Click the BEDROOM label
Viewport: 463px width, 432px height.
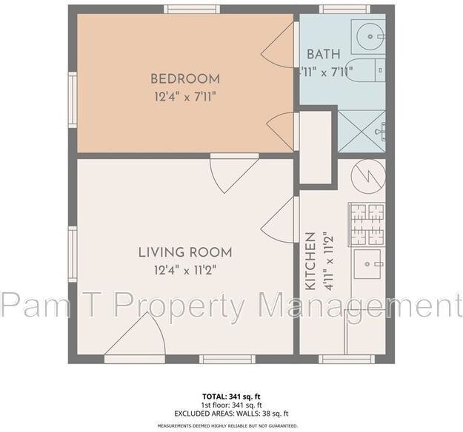point(185,78)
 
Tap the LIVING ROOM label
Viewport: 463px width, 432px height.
point(185,252)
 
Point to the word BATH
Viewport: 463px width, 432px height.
point(324,54)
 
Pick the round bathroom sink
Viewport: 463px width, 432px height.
point(367,34)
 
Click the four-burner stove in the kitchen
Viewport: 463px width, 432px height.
point(367,224)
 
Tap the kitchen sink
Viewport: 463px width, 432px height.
point(367,263)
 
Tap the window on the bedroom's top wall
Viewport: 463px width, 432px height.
point(192,10)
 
